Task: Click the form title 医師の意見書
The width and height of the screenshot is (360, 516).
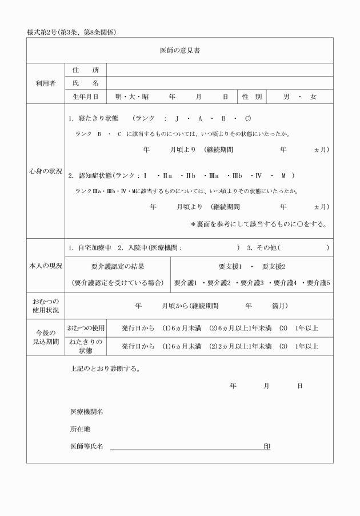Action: pyautogui.click(x=179, y=51)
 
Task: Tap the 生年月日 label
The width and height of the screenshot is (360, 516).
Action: pyautogui.click(x=85, y=97)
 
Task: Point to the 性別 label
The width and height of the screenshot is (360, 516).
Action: pyautogui.click(x=251, y=97)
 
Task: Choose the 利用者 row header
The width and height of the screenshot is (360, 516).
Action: pyautogui.click(x=45, y=83)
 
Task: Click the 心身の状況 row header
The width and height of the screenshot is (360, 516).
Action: pyautogui.click(x=45, y=171)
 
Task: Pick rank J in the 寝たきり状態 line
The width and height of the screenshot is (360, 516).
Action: pyautogui.click(x=178, y=119)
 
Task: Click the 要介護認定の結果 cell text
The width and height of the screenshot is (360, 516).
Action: pyautogui.click(x=117, y=267)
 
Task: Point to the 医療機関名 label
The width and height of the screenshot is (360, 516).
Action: pyautogui.click(x=86, y=411)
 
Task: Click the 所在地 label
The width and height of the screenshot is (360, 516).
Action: pyautogui.click(x=80, y=429)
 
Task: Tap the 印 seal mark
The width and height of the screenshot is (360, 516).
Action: pyautogui.click(x=266, y=446)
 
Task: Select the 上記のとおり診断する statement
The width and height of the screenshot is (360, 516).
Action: pyautogui.click(x=105, y=368)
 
